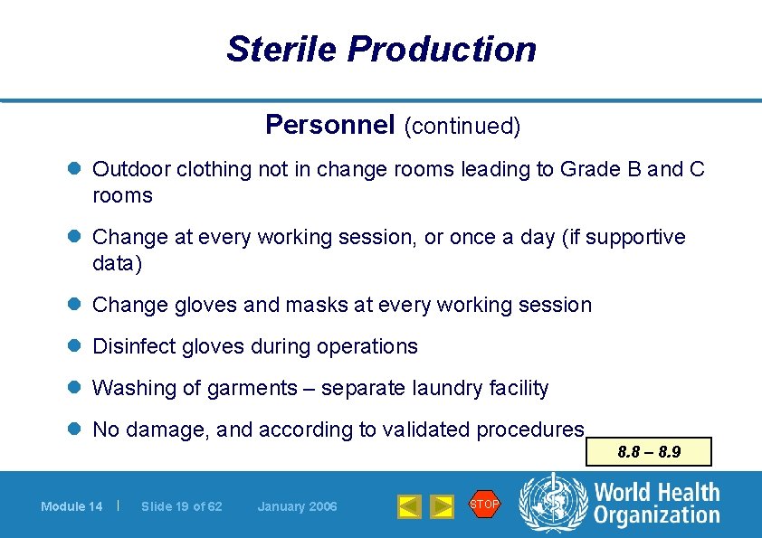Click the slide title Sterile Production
(x=381, y=49)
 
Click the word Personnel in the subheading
(x=330, y=125)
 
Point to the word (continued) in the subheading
(x=462, y=127)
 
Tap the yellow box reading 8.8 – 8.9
(x=648, y=451)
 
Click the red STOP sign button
(x=484, y=505)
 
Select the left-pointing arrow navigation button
(x=410, y=506)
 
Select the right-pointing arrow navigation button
(x=442, y=506)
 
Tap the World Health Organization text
(x=656, y=504)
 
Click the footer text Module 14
(x=71, y=506)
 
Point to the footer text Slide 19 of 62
(x=181, y=506)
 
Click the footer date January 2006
(x=297, y=506)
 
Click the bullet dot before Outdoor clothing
(x=74, y=169)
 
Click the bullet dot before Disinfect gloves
(x=74, y=346)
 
